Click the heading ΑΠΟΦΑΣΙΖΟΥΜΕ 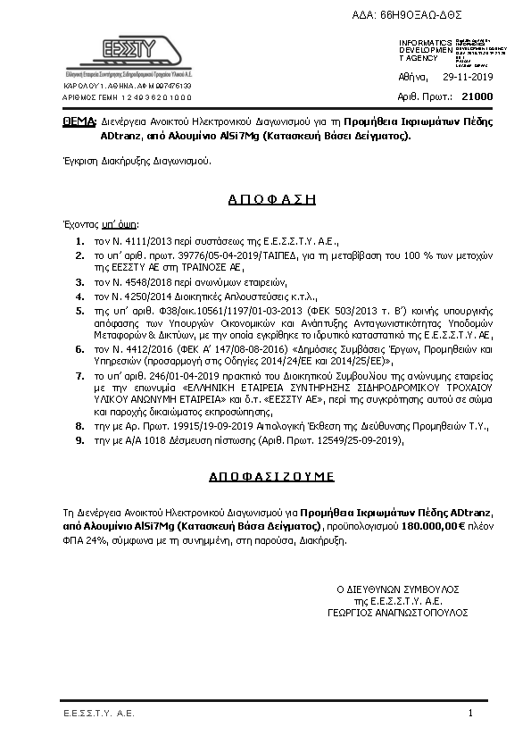coord(266,477)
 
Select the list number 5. coord(80,311)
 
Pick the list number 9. coord(80,440)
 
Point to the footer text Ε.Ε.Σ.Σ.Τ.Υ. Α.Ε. coord(98,714)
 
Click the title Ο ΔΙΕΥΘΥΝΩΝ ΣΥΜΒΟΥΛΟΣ coord(397,590)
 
